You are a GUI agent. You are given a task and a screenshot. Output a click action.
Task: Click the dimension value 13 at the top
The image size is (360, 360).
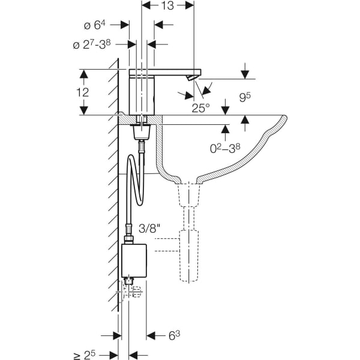point(167,6)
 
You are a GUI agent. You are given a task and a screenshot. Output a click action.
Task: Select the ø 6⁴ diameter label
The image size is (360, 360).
point(95,25)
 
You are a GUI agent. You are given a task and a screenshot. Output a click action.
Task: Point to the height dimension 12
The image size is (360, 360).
point(82,92)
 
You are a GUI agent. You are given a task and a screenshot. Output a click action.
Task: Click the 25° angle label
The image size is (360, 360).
point(201,108)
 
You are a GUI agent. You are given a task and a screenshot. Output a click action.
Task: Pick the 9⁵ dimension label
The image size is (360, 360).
point(245,97)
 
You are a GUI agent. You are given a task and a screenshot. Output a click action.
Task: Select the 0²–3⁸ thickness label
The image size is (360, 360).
point(225,148)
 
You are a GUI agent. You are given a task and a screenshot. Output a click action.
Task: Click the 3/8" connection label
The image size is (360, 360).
point(149,229)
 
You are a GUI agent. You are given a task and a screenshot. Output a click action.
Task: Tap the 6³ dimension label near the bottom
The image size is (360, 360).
point(174,335)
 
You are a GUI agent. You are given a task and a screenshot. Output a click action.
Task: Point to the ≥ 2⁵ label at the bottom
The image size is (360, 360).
point(85,355)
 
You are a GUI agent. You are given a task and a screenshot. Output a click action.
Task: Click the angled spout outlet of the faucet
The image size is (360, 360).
point(191,77)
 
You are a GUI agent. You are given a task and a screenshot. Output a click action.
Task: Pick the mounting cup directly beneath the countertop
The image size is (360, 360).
point(142,132)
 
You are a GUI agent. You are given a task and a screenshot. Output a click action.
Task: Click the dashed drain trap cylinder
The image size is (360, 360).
point(189,256)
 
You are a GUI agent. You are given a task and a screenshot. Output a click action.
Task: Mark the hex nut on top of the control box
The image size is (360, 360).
point(128,239)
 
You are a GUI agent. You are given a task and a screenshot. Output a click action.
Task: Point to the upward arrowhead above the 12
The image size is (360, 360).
point(84,74)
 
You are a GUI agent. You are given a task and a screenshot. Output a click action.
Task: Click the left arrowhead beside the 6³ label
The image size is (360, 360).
point(151,336)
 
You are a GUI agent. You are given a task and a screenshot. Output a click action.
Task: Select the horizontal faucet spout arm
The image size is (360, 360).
point(165,72)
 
